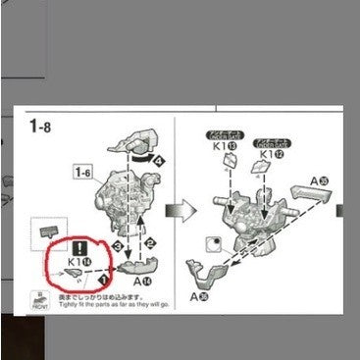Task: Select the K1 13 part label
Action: click(x=223, y=155)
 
